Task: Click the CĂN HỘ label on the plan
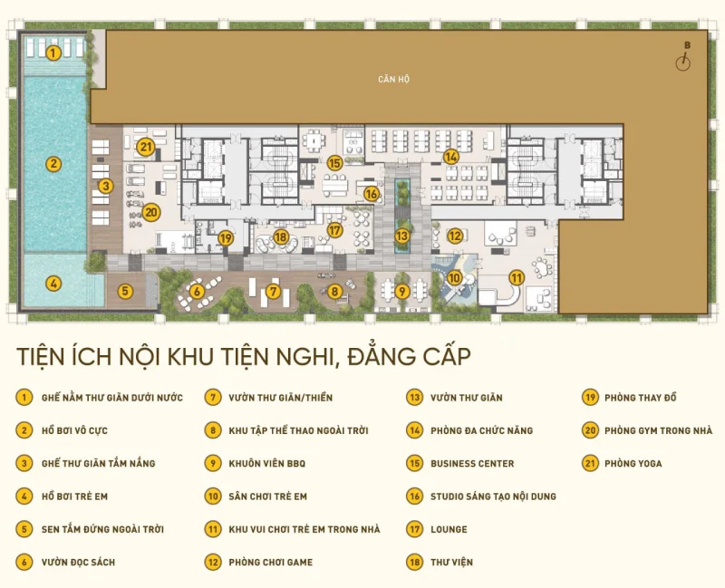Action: point(394,80)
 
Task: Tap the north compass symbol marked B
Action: point(686,60)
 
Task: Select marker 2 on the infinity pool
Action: point(53,164)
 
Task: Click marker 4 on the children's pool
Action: point(53,283)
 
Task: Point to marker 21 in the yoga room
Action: point(146,146)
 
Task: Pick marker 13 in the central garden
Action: point(401,236)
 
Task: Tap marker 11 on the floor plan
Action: point(517,278)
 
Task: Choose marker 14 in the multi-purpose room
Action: point(451,156)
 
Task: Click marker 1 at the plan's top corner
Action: point(53,53)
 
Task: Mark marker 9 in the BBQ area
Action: point(401,291)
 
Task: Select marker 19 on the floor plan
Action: point(227,237)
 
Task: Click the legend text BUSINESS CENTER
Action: point(471,464)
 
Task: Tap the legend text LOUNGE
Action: point(449,529)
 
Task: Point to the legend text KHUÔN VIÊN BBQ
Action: point(266,464)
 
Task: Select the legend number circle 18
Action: point(414,562)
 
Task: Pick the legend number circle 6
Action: point(23,562)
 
